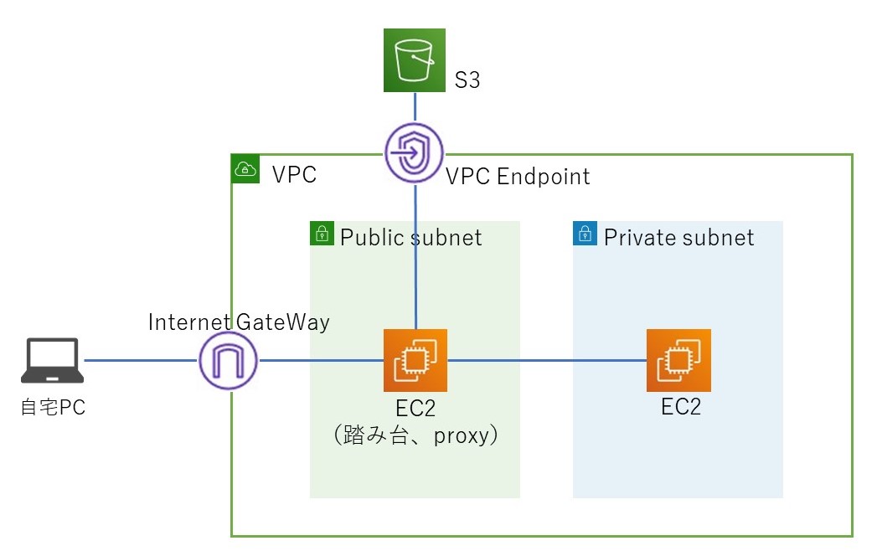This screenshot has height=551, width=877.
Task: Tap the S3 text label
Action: (467, 82)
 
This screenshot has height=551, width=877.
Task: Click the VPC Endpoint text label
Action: (518, 177)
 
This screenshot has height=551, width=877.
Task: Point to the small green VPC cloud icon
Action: (244, 168)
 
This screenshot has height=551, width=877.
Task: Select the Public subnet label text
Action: (410, 238)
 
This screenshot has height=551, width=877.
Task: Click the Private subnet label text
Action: (678, 238)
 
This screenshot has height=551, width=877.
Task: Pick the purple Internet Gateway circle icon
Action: (229, 361)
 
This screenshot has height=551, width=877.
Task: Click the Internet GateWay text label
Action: (239, 322)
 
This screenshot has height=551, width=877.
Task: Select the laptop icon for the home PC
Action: (52, 360)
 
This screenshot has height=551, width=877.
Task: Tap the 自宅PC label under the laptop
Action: (53, 409)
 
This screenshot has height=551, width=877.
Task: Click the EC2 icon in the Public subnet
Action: (415, 361)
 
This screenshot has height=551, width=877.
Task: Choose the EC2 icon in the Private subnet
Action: (678, 361)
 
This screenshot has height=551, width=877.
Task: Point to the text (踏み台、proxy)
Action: (416, 435)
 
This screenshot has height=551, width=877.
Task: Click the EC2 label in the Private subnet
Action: (680, 407)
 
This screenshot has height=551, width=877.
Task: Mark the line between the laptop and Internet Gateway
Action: (141, 361)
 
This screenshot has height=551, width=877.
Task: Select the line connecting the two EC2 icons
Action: (547, 361)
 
